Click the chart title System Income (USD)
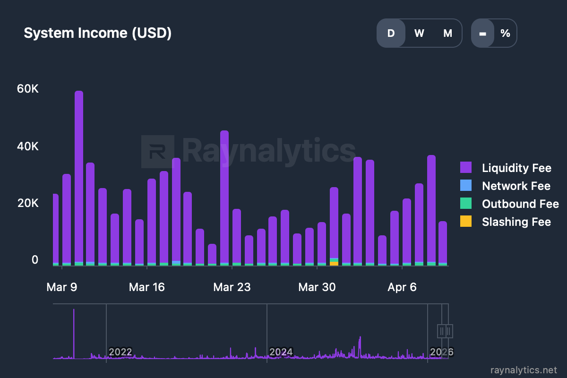click(x=97, y=33)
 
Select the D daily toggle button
click(x=391, y=33)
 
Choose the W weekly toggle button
click(x=419, y=33)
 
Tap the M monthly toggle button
click(x=447, y=33)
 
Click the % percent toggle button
click(x=505, y=33)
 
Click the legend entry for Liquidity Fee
click(x=516, y=168)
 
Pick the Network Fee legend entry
click(x=515, y=186)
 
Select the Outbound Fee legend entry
click(x=520, y=204)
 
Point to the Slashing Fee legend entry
click(x=516, y=222)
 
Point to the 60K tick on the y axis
click(x=27, y=89)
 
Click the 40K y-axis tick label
click(x=27, y=146)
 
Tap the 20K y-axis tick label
click(x=27, y=203)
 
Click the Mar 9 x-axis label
click(x=61, y=287)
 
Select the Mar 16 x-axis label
click(x=146, y=287)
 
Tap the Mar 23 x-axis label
click(x=232, y=287)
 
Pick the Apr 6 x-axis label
click(x=402, y=287)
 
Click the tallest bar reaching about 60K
click(x=79, y=175)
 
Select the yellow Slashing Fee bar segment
click(x=334, y=264)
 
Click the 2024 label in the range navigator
click(x=281, y=352)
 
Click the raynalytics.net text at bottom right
click(x=524, y=369)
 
